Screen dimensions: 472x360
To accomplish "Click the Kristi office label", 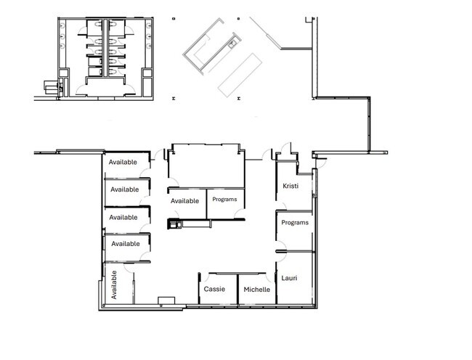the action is point(290,186).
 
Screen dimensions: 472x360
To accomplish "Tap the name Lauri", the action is point(289,278).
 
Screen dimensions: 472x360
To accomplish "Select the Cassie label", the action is point(214,289).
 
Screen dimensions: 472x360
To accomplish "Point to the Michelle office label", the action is point(257,290).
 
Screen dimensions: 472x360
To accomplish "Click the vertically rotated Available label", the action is point(114,285).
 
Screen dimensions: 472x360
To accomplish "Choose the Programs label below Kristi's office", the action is point(295,223).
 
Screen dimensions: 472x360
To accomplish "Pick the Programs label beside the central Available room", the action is point(224,200).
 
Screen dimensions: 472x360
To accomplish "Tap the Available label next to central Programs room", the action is point(184,201).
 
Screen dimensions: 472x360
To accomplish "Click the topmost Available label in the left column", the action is point(123,162).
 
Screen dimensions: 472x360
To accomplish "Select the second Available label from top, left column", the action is point(125,189).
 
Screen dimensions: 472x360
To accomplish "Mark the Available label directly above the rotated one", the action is point(126,244).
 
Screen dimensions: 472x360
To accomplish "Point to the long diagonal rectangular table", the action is point(240,75).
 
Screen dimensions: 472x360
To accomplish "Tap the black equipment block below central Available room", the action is point(174,224).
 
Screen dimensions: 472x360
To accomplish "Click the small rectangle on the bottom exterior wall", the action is point(166,300).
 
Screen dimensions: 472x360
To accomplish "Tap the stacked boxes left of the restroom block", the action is point(51,86).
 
